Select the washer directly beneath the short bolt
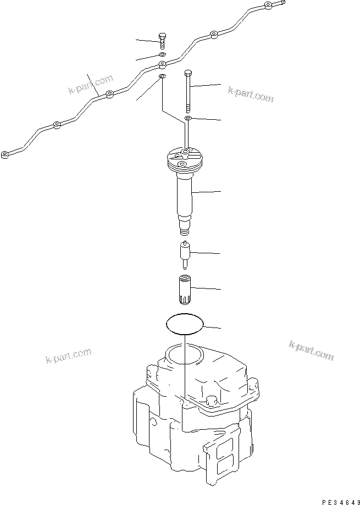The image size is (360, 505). [162, 55]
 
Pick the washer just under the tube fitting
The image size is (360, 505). [162, 75]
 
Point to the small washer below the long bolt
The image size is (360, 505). [187, 118]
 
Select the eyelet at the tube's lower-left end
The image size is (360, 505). [5, 153]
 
